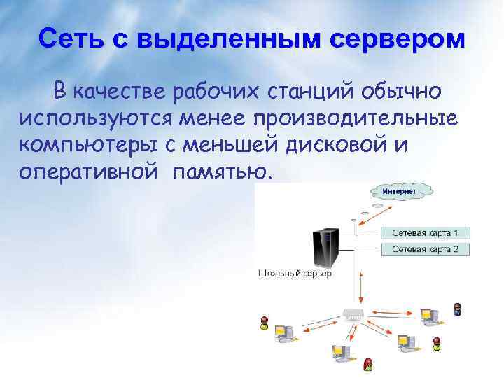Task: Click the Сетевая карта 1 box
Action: point(425,232)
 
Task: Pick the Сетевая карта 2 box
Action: point(425,248)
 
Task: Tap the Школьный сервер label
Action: point(295,274)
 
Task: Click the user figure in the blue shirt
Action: point(457,309)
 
